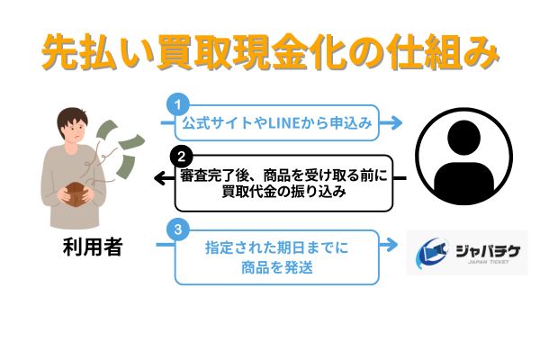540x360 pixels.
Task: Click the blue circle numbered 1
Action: coord(177,104)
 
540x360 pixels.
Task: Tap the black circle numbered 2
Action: coord(181,157)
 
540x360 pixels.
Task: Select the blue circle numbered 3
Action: coord(177,229)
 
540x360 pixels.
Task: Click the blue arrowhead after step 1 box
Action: coord(396,122)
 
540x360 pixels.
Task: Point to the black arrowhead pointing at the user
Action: coord(160,178)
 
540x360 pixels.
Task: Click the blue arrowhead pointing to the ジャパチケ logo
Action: coord(391,245)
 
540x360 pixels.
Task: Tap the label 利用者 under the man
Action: coord(93,247)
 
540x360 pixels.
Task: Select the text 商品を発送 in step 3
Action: coord(277,267)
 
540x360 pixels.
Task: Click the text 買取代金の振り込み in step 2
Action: coord(283,192)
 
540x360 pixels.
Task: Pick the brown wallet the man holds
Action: coord(76,194)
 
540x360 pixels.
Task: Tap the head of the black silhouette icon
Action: coord(463,137)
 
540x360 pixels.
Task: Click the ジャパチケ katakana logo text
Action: coord(488,251)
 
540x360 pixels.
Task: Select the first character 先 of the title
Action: coord(60,52)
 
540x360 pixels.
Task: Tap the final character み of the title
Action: coord(481,52)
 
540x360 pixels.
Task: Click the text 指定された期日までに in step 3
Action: coord(277,247)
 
